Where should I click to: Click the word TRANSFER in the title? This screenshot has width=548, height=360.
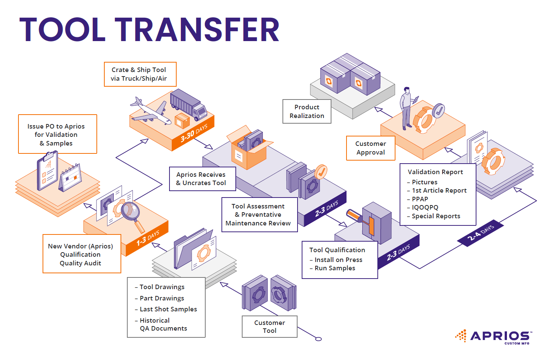click(x=197, y=29)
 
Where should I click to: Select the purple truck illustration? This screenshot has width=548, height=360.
click(x=188, y=104)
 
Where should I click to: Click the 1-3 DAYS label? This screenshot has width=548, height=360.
click(x=148, y=238)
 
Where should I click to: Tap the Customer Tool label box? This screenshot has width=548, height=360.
click(x=270, y=326)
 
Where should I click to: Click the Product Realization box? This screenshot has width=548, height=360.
click(x=307, y=111)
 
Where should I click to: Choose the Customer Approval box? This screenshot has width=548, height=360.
click(x=371, y=148)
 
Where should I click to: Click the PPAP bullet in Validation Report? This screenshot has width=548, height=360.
click(x=420, y=199)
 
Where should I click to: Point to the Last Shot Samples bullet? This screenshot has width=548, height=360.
click(x=168, y=309)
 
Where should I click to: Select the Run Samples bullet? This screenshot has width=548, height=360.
click(x=335, y=268)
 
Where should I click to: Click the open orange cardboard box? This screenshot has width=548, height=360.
click(x=249, y=153)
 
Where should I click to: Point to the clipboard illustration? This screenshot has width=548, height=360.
click(x=47, y=171)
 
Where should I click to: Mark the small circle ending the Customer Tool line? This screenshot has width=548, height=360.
click(x=319, y=339)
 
